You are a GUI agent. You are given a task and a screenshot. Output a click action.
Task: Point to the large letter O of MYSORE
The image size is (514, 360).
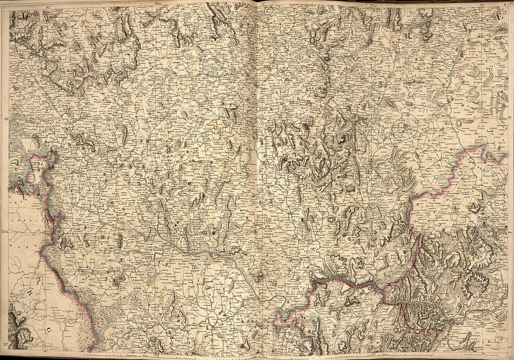[x=312, y=40]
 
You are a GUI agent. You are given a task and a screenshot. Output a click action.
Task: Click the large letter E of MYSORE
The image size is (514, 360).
[x=499, y=17]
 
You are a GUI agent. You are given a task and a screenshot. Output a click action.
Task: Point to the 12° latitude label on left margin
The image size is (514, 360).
[x=5, y=345]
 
